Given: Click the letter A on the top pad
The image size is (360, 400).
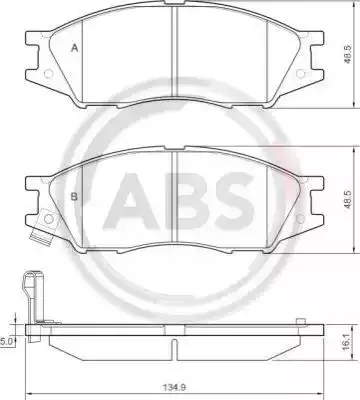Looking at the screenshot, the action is pos(75,48).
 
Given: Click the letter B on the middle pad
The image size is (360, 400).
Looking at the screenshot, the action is pos(74,197).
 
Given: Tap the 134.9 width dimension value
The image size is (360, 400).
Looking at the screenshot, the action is pos(174,388).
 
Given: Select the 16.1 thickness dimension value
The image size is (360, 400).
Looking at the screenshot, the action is pos(347,342).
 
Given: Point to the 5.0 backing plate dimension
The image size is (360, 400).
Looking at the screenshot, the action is pos(6,341).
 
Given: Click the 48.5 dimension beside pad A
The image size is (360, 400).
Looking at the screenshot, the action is pos(348,55).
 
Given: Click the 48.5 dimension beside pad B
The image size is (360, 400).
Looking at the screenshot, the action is pos(348,200).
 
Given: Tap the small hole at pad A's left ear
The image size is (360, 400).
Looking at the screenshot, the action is pos(48,73).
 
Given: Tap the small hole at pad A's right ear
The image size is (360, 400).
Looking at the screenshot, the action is pos(300,73).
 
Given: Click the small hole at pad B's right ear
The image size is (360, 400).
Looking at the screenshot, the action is pos(300,218).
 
